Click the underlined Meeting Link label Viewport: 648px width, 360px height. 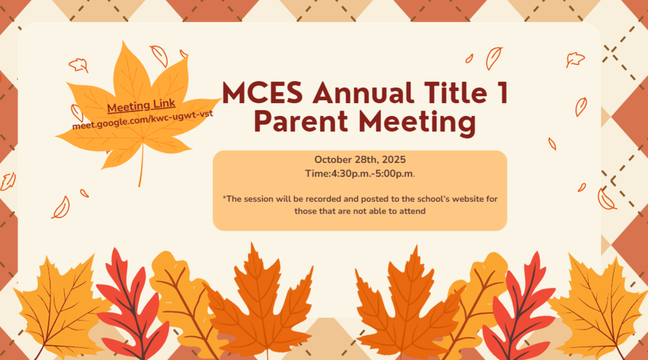click(x=141, y=106)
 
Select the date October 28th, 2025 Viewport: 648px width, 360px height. click(x=359, y=159)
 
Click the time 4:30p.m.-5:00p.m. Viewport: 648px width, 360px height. click(x=373, y=173)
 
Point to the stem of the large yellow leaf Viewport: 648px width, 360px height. click(x=141, y=166)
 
